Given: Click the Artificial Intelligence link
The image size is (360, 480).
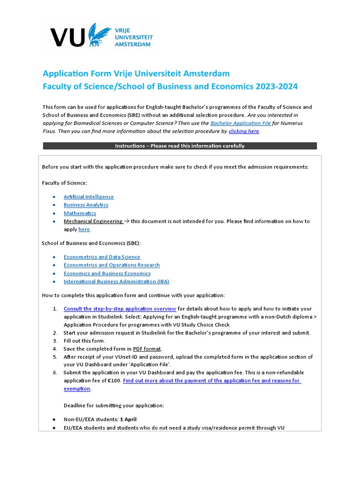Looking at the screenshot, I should (89, 197).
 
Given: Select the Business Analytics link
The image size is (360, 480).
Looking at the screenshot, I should (86, 205).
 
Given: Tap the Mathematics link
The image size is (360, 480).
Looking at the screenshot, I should (80, 213).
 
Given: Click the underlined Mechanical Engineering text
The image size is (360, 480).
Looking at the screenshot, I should (93, 221).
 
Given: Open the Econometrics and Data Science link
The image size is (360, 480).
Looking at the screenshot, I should (102, 257).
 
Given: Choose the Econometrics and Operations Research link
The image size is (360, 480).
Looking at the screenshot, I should (112, 265).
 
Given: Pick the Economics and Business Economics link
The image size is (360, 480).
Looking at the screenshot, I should (107, 273).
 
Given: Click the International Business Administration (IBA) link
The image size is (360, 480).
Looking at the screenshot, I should (116, 282).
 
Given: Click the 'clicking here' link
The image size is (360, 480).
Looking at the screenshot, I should (243, 131).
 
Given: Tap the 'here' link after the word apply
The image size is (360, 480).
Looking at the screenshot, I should (84, 230).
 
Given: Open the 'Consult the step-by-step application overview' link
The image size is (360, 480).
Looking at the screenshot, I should (120, 308).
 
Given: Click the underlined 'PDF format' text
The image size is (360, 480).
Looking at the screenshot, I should (147, 349).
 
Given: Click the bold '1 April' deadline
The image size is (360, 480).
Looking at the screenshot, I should (128, 420).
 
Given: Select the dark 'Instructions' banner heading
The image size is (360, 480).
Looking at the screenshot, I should (180, 146).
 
